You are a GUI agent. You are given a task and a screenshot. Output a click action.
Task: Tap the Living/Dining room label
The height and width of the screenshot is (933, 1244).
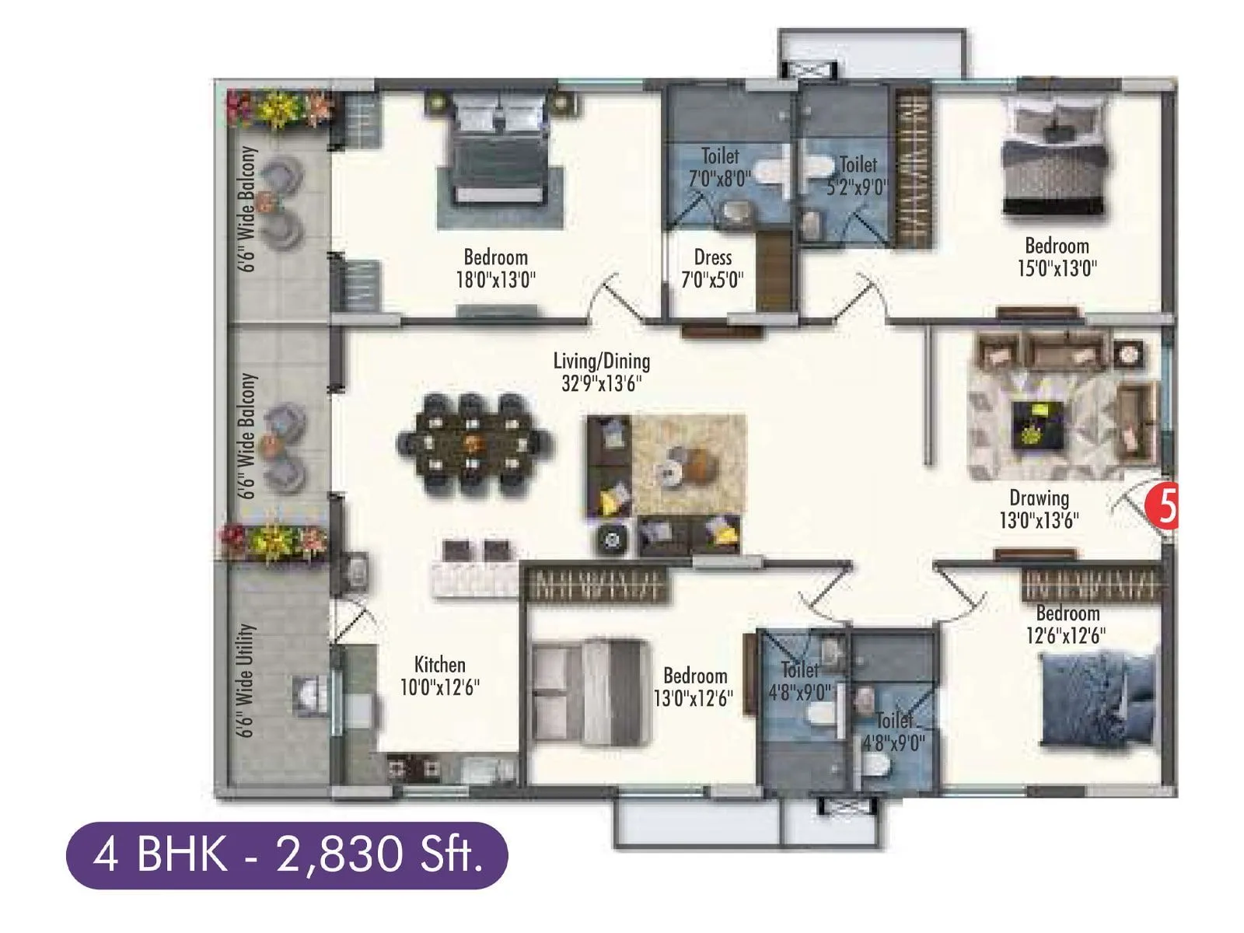click(x=601, y=361)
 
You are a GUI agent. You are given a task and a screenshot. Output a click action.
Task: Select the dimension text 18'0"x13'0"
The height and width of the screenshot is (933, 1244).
click(x=495, y=279)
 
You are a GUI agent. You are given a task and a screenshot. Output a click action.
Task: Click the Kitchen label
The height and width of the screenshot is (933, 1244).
click(x=439, y=665)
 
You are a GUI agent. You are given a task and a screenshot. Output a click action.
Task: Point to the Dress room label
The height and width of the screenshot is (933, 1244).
click(x=712, y=257)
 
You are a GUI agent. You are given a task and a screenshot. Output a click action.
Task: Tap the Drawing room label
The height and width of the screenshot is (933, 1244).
click(x=1039, y=498)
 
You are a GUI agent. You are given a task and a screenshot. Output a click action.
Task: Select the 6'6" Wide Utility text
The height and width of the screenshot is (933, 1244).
click(x=247, y=680)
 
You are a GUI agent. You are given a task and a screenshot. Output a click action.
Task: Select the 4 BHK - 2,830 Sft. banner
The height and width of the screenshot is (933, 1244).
click(x=287, y=855)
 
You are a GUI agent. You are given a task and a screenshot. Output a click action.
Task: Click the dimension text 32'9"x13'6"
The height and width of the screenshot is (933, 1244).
click(x=601, y=384)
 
